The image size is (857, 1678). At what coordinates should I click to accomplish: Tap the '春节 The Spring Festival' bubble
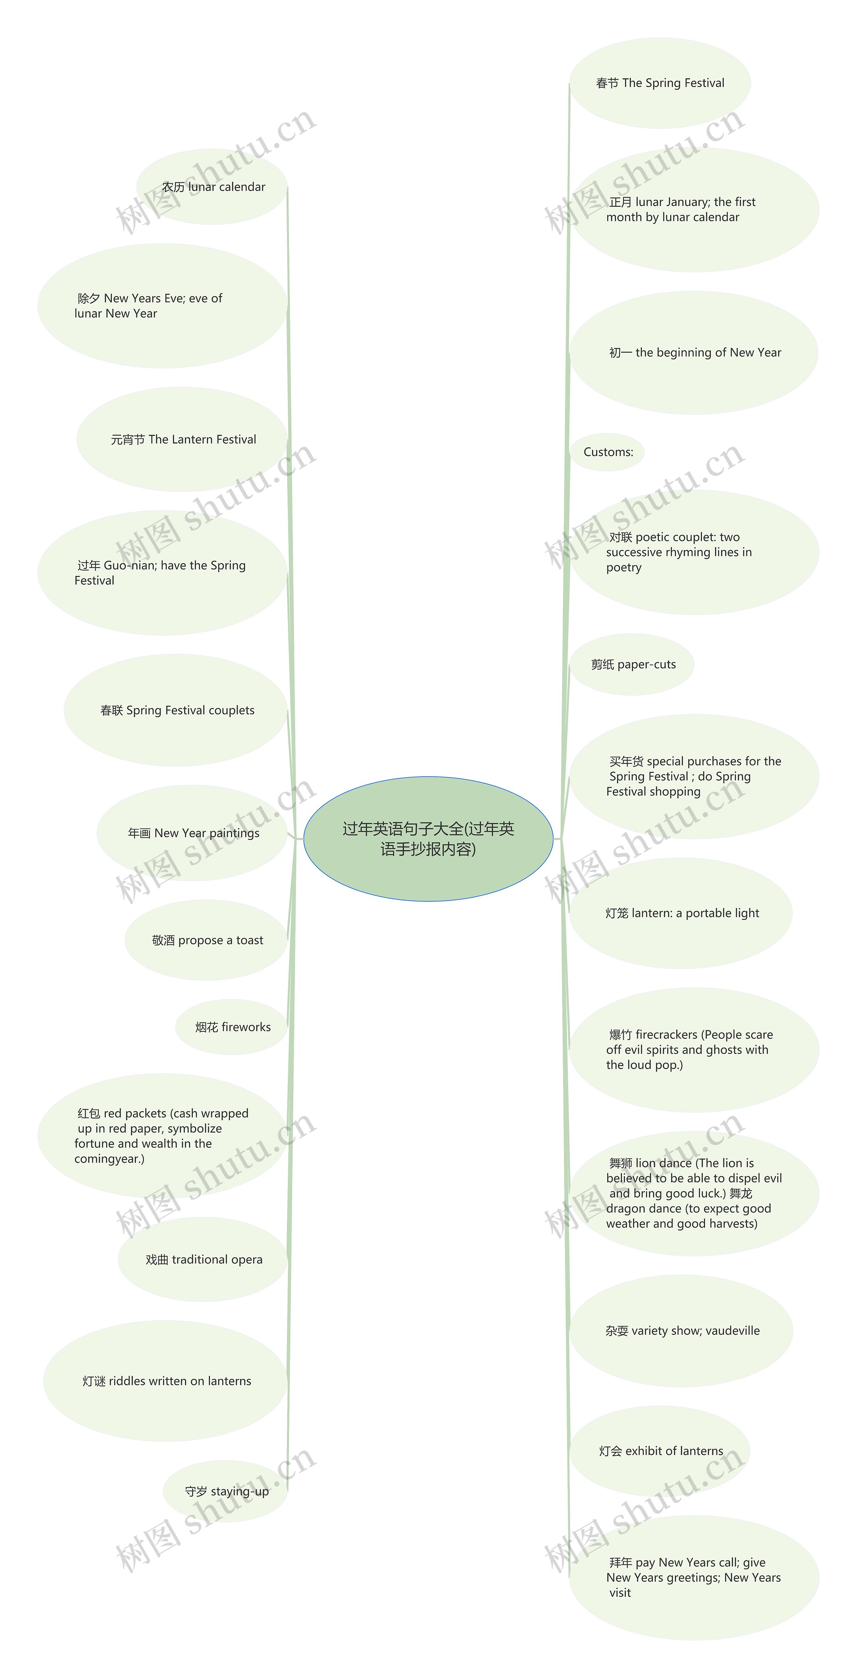(659, 83)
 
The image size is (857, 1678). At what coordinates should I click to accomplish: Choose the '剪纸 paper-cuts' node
(632, 665)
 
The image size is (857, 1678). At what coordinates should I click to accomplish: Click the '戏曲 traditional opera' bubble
(203, 1260)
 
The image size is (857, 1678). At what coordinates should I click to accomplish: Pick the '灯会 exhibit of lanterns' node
(660, 1451)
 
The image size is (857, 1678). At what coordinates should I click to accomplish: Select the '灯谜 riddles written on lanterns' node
(166, 1381)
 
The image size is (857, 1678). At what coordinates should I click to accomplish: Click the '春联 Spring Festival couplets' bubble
(177, 710)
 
